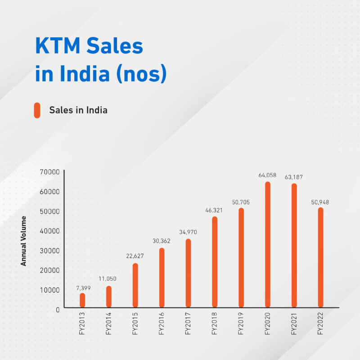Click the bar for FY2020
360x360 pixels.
coord(268,245)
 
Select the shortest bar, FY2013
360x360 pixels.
coord(82,301)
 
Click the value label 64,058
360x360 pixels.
coord(267,175)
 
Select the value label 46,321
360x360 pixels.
coord(215,210)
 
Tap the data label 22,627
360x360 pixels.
coord(135,256)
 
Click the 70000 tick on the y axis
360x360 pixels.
coord(49,172)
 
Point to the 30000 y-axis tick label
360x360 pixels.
coord(49,250)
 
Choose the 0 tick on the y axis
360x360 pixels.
coord(57,309)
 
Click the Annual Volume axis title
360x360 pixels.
coord(23,241)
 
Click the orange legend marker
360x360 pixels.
coord(37,110)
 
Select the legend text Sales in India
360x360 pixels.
coord(78,110)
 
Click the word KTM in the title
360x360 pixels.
coord(58,47)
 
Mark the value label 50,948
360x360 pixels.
coord(320,202)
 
